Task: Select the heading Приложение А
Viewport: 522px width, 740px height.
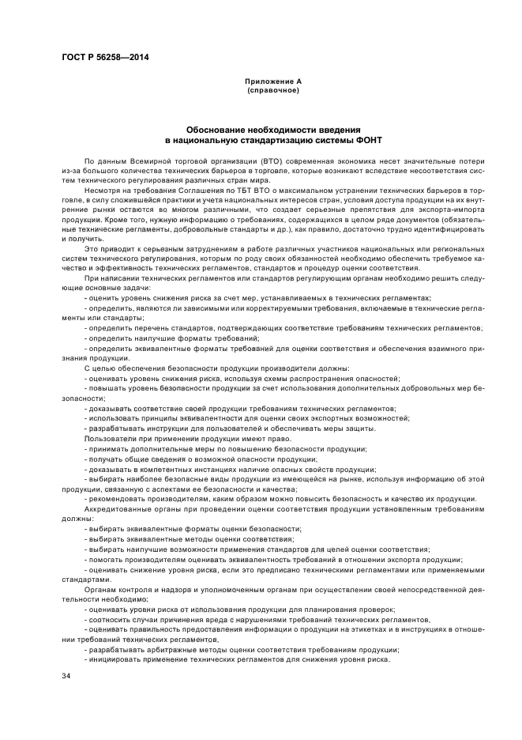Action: (272, 81)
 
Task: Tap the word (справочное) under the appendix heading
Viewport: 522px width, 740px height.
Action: (272, 90)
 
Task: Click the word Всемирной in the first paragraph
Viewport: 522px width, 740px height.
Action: (143, 161)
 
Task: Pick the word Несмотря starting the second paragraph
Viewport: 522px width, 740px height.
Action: (102, 192)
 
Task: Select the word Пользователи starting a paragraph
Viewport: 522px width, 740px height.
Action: (108, 439)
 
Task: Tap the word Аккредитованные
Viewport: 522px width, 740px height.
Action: (119, 510)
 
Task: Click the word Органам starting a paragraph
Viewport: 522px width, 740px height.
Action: (100, 590)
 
